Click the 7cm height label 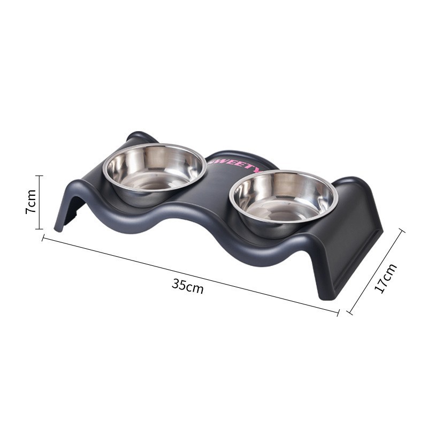(x=31, y=202)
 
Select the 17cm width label (x=386, y=278)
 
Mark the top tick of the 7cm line (x=39, y=175)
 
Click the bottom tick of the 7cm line (x=39, y=228)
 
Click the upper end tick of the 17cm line (x=402, y=231)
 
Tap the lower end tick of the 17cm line (x=350, y=312)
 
